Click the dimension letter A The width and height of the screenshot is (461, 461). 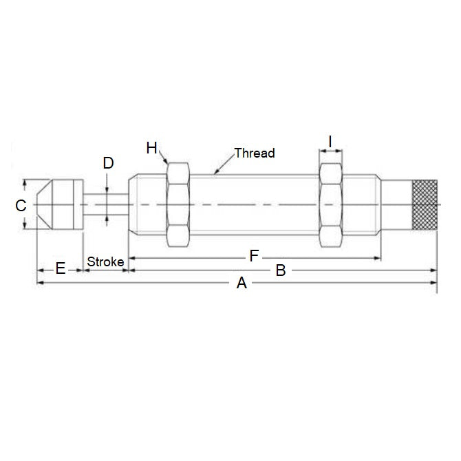[x=241, y=283]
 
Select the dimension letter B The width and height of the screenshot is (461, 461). [x=281, y=270]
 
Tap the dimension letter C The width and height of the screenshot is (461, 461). [x=21, y=205]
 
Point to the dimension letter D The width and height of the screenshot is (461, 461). [x=108, y=163]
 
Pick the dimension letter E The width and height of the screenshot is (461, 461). [x=60, y=269]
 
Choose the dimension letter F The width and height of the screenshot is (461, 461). [x=254, y=257]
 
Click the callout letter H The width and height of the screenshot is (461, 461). [x=151, y=147]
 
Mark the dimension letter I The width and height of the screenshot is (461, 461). [x=330, y=142]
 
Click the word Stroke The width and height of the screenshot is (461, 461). [x=105, y=262]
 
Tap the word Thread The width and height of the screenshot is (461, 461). [x=254, y=153]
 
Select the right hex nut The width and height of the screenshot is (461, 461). [x=330, y=204]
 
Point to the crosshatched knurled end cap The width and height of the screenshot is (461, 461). [x=425, y=204]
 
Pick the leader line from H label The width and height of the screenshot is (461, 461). [x=163, y=157]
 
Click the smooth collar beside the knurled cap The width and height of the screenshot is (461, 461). [x=396, y=204]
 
